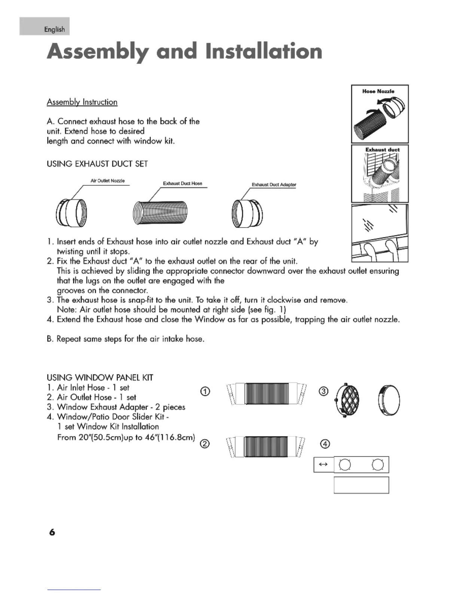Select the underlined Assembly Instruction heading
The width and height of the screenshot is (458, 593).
[82, 102]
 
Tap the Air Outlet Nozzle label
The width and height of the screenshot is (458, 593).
[107, 181]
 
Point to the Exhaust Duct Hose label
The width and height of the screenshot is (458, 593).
[182, 183]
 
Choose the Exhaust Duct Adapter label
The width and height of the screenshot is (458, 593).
[274, 185]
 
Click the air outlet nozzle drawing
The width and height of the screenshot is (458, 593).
[71, 213]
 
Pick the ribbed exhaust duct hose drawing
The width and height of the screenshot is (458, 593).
[160, 213]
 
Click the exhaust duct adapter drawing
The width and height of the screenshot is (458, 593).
[247, 214]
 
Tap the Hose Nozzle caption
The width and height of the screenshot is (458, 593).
[378, 91]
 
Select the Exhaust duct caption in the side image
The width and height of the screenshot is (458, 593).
[382, 150]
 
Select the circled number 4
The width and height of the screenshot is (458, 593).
[325, 444]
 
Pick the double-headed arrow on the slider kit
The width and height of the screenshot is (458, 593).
[323, 465]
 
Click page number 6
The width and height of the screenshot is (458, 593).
[52, 532]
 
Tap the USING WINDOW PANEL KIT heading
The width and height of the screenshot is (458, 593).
[100, 377]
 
